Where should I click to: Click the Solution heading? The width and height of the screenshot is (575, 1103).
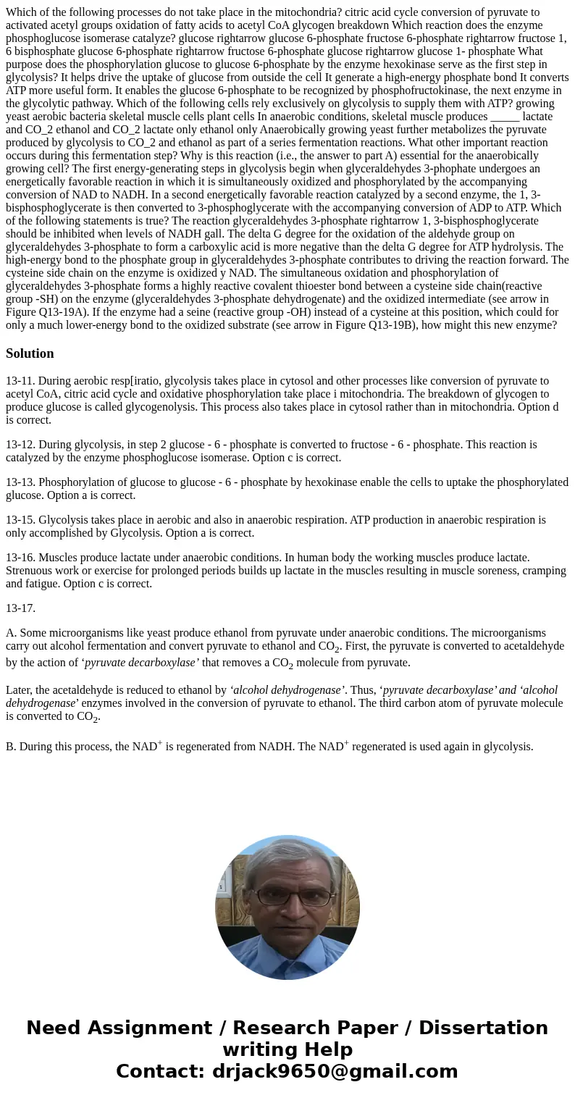[30, 353]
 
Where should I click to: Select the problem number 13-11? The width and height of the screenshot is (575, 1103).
[20, 381]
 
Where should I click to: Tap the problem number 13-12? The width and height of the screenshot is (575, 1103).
[20, 445]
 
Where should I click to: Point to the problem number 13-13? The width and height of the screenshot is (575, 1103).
[20, 482]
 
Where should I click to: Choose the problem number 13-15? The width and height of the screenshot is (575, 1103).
[20, 520]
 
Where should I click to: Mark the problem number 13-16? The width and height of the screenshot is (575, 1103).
[20, 558]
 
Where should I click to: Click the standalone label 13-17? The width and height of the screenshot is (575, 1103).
[20, 608]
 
